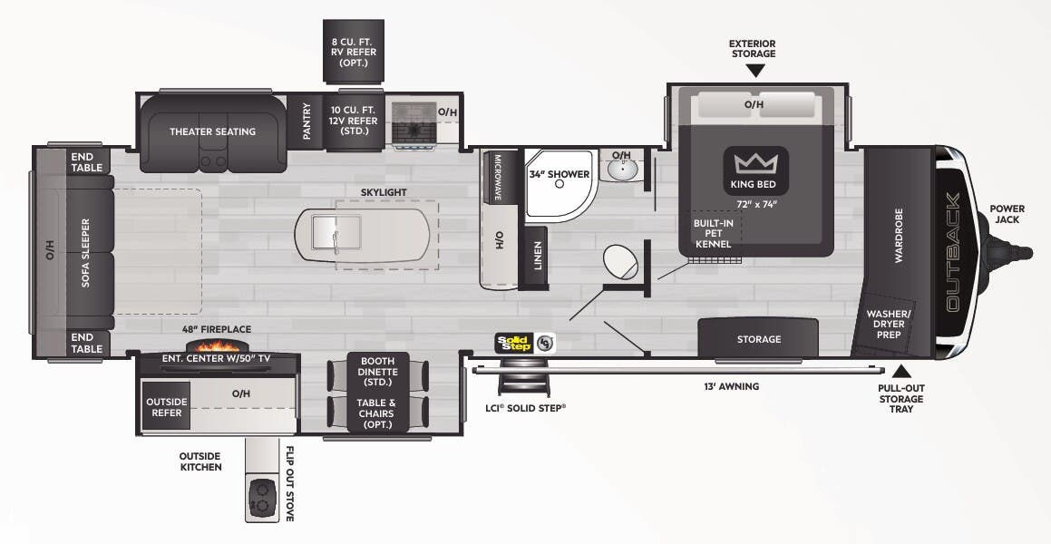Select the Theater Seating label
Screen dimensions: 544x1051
212,131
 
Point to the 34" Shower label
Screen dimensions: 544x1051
559,173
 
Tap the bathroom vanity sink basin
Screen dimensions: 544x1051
621,170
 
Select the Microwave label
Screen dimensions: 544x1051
498,176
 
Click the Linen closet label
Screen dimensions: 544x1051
537,255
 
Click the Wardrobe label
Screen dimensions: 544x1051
899,235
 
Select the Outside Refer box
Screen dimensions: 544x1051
166,407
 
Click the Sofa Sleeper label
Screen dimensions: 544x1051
86,252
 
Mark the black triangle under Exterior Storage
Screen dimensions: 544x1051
754,69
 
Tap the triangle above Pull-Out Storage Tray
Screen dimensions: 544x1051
900,371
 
